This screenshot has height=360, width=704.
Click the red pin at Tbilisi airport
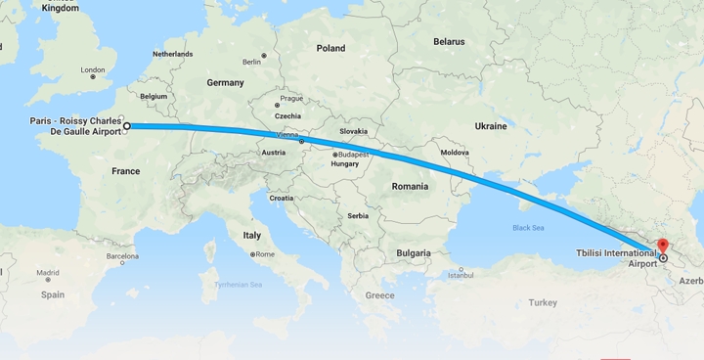662,246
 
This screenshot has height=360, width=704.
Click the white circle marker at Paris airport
127,126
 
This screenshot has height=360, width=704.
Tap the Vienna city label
286,134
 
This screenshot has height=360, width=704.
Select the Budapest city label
350,154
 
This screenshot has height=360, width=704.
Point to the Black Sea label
528,227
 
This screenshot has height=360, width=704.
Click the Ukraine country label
490,126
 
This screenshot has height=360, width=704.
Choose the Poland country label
330,48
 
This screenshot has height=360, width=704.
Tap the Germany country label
225,83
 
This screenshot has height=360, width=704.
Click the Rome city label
265,254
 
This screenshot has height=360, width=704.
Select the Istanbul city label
461,274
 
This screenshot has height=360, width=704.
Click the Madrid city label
48,273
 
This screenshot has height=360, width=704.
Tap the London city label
92,69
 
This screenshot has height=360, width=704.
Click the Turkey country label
543,302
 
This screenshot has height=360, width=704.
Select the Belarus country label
449,42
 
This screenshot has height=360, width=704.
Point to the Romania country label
411,186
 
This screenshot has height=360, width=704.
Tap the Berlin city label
251,62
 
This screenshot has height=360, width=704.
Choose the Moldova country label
455,153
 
